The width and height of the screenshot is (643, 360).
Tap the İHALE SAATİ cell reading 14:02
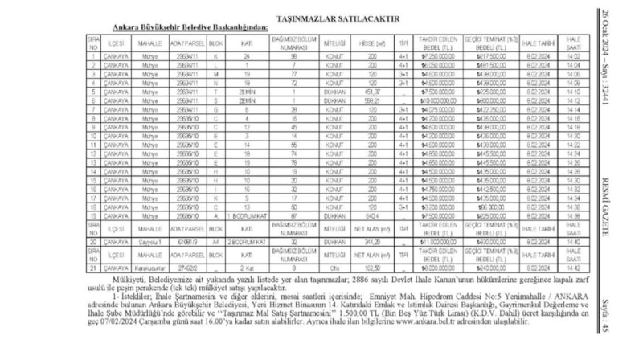571,56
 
